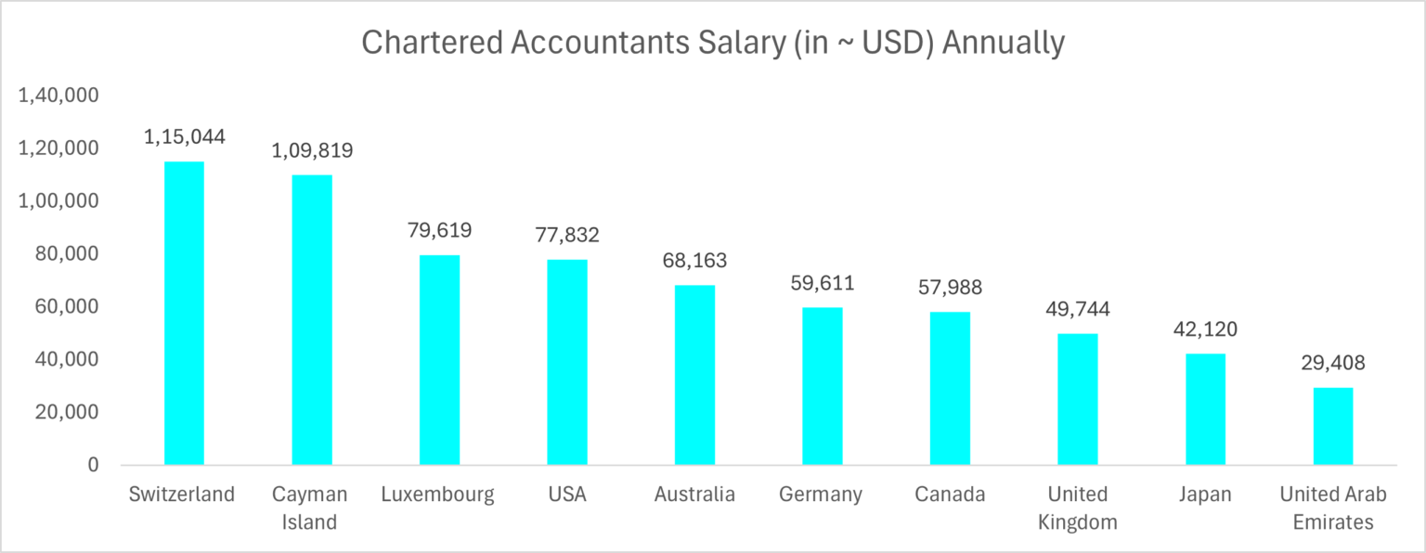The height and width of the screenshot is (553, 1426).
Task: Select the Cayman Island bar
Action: [x=312, y=319]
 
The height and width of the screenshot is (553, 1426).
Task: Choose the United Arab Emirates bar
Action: [x=1333, y=426]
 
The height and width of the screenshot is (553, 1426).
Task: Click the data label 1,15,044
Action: [x=184, y=136]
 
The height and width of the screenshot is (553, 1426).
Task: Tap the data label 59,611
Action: [x=822, y=283]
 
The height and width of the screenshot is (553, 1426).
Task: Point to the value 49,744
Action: [x=1077, y=309]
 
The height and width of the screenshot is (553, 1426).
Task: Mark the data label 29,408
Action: [x=1333, y=363]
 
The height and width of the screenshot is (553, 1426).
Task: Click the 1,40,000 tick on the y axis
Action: [x=58, y=96]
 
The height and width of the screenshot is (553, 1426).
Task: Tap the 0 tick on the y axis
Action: [x=93, y=465]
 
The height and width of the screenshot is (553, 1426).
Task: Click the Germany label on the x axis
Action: [x=822, y=495]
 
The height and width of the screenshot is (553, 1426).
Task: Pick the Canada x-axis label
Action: [x=950, y=495]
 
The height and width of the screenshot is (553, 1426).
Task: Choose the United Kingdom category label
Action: [x=1077, y=508]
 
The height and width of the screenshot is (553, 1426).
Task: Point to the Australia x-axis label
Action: [x=694, y=495]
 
